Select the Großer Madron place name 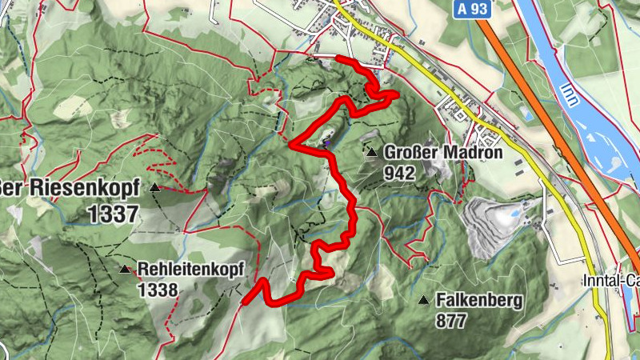[442, 153]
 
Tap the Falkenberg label [479, 301]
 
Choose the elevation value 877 [452, 320]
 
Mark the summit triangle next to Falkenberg [423, 300]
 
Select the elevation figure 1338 [157, 289]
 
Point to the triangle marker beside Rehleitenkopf [124, 270]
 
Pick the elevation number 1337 [114, 214]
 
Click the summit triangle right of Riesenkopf [154, 188]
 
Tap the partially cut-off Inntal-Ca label [610, 281]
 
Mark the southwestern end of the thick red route [244, 302]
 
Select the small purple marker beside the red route [327, 144]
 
